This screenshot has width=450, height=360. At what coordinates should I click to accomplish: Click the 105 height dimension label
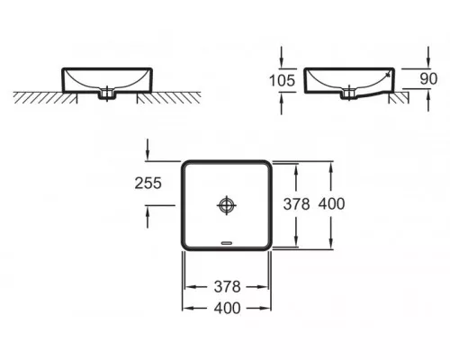click(282, 80)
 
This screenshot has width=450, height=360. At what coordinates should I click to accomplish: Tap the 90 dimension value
click(428, 78)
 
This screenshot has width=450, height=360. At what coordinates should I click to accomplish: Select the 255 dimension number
click(148, 183)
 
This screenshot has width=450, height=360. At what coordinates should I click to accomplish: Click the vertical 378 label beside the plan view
click(296, 204)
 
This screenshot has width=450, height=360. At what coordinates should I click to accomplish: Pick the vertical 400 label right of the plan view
click(331, 204)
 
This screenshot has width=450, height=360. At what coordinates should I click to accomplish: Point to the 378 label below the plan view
click(228, 287)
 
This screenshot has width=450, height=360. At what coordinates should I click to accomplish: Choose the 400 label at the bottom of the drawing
click(228, 308)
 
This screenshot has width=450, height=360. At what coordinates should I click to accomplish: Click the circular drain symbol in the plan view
click(227, 205)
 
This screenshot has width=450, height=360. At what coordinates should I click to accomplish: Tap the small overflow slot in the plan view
click(227, 243)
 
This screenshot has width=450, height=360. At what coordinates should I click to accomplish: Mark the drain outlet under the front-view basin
click(107, 94)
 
